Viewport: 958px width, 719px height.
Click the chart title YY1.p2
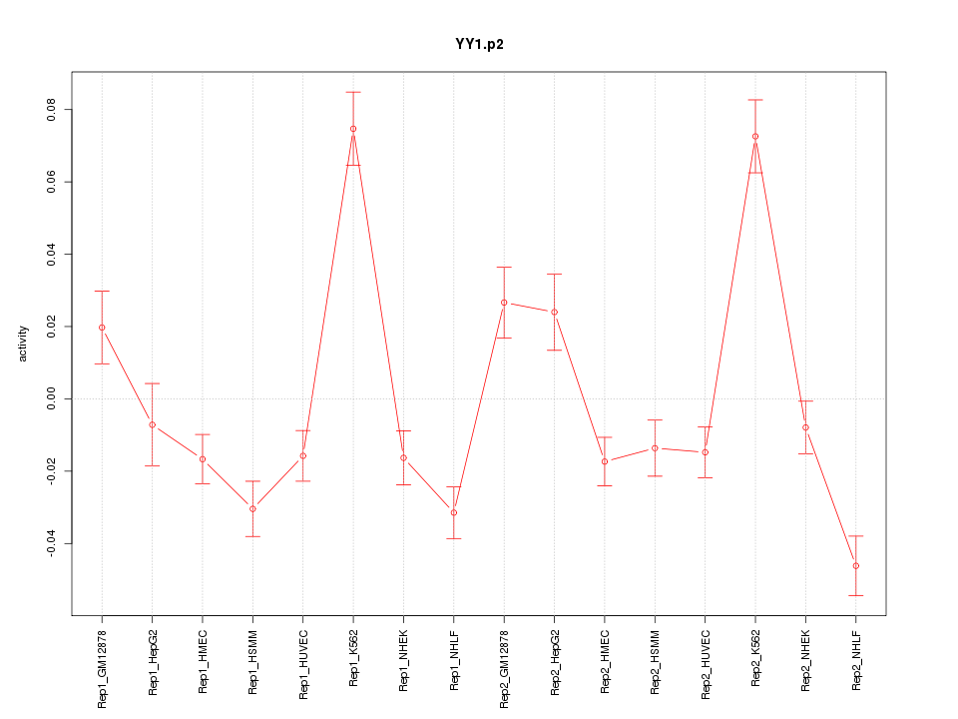[479, 44]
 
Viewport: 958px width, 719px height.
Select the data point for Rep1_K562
[353, 129]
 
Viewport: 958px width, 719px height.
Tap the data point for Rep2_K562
[755, 136]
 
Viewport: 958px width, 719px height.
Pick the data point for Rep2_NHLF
[856, 566]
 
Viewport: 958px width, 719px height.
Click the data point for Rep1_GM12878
[102, 328]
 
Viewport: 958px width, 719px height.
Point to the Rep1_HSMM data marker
[252, 509]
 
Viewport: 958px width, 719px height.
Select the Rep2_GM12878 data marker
[504, 303]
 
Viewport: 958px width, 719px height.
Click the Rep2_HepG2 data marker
[555, 312]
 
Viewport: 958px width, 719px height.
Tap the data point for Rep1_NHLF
[454, 513]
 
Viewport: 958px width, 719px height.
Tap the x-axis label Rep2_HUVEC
[706, 663]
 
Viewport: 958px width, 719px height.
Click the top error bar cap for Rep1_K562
[353, 92]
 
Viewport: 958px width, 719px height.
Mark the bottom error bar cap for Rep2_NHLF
[856, 595]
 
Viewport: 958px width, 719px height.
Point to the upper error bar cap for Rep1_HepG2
[153, 383]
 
